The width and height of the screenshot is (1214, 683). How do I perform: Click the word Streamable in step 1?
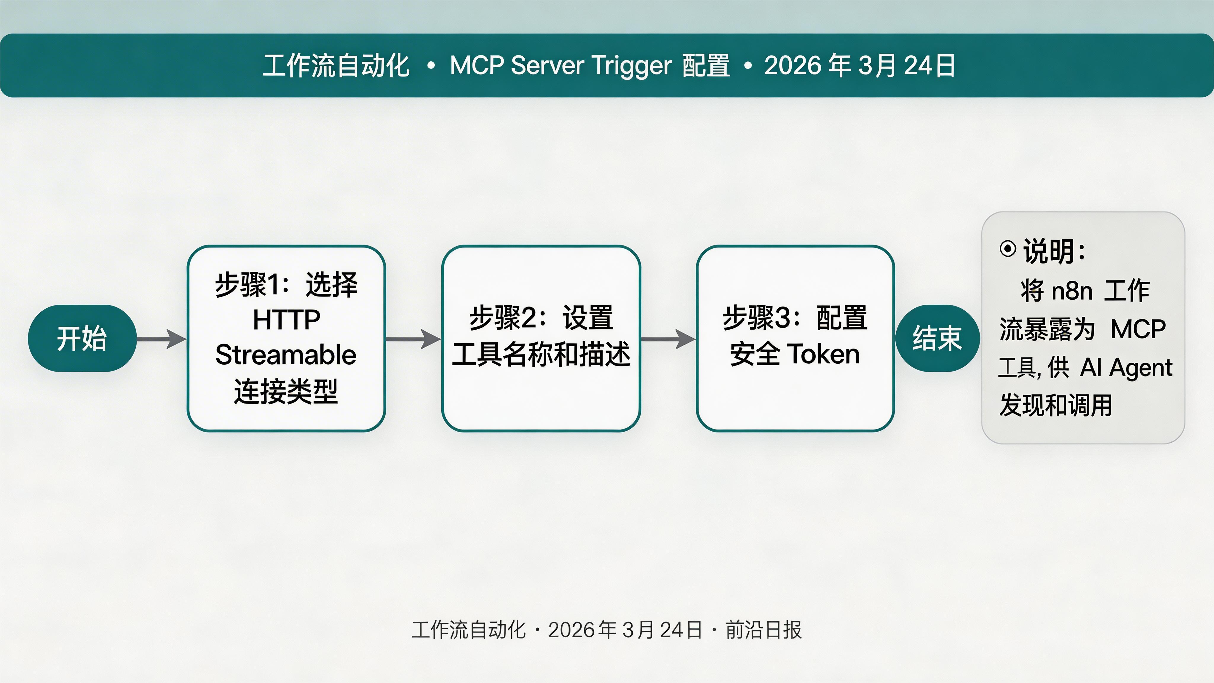click(286, 355)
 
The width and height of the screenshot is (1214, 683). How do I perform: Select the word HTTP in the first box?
click(286, 320)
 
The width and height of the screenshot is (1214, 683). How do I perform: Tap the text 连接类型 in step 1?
click(286, 391)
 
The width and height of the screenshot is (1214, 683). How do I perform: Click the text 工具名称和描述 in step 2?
click(541, 355)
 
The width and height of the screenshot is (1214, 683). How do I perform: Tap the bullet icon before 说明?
click(1008, 249)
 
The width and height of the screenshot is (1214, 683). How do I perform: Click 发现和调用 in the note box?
click(1056, 405)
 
